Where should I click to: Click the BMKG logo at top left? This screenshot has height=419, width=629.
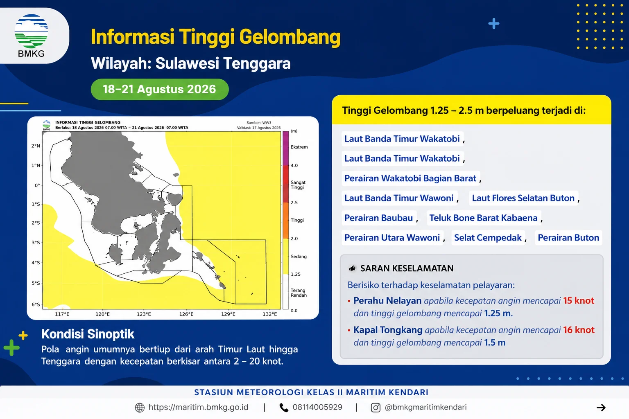31,35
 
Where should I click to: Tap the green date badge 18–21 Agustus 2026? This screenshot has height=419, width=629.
159,89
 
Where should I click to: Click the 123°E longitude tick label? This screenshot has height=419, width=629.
144,314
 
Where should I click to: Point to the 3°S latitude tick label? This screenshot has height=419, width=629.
36,243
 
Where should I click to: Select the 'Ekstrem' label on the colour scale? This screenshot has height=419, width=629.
299,147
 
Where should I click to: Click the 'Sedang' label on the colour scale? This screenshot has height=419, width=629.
299,257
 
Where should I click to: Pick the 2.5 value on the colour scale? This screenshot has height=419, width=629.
294,203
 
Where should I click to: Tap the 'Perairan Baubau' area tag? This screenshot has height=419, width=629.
378,218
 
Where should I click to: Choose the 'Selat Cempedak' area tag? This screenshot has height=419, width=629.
488,238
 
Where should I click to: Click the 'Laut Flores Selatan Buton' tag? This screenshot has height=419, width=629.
523,198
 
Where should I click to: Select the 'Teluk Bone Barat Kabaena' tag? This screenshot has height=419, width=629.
483,218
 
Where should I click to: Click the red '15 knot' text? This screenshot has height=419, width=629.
579,301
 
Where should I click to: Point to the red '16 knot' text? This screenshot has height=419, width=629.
579,330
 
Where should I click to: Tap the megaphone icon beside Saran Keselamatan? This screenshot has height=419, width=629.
352,268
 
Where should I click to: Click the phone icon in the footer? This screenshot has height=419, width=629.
284,408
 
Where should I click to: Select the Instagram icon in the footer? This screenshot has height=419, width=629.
376,408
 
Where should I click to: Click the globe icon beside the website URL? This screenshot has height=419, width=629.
140,408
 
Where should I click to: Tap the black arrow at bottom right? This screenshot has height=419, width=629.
601,408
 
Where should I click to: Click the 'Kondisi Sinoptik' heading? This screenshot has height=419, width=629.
88,334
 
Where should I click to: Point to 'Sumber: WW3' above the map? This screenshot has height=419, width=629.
259,123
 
